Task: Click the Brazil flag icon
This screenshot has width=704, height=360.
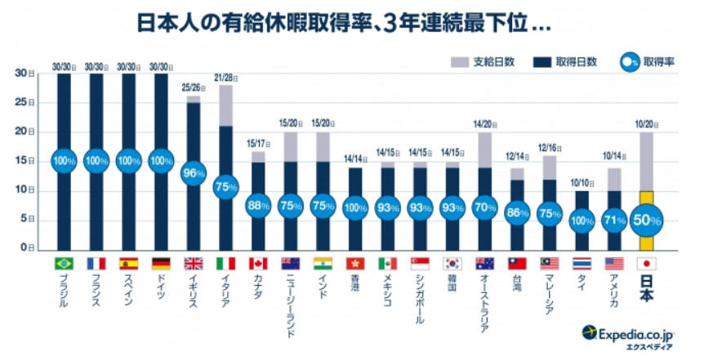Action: (x=65, y=264)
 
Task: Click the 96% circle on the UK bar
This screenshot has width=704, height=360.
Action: (x=194, y=174)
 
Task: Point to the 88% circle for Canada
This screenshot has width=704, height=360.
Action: (x=258, y=206)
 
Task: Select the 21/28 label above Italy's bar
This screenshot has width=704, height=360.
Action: (x=226, y=77)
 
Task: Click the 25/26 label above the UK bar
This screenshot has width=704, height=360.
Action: (x=194, y=87)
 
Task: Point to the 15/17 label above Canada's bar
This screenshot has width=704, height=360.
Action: (x=258, y=143)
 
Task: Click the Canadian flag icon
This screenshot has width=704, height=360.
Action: (x=258, y=264)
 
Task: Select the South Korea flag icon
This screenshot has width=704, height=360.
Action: (x=452, y=264)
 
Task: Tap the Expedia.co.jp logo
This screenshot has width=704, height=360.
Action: (x=630, y=333)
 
